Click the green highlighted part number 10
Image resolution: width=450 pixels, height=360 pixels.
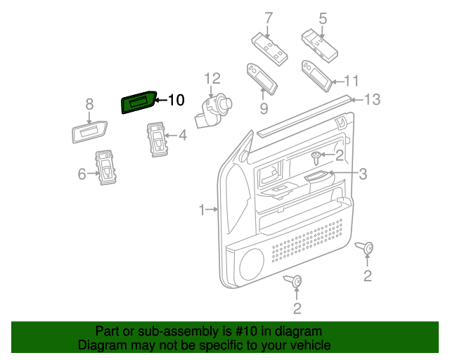(x=139, y=103)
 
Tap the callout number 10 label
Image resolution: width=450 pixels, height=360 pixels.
(x=175, y=101)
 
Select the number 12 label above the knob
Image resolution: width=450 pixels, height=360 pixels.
(x=212, y=79)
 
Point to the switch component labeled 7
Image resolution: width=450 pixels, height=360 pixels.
(x=269, y=49)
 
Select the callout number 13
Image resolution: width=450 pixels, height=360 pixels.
(x=372, y=100)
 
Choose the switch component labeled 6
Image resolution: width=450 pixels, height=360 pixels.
(x=107, y=167)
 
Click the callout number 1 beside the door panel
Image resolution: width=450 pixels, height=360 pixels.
(x=202, y=210)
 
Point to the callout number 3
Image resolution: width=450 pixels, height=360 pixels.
(x=363, y=174)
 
